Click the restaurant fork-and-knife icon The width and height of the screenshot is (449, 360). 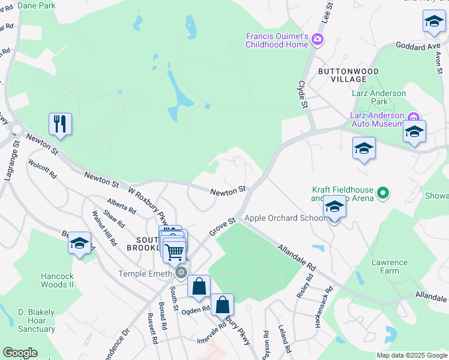coord(60,124)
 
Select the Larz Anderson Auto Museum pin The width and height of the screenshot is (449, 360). coord(412,115)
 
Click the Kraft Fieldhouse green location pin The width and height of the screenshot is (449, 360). coord(381,193)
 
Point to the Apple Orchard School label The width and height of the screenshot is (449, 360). coord(285,218)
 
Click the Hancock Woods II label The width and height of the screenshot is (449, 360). coord(57,280)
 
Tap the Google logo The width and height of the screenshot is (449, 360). coord(20,353)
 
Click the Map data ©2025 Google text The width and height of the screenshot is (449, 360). coord(412,355)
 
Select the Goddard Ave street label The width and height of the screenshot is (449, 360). coord(417,46)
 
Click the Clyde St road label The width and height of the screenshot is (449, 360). coord(303,94)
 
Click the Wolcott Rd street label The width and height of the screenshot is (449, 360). coord(43,169)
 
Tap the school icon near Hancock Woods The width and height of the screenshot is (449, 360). coord(79,244)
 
